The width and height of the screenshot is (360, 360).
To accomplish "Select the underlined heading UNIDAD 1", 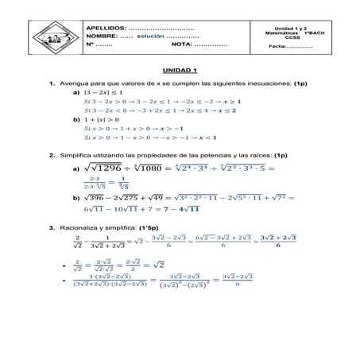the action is [178, 71].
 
